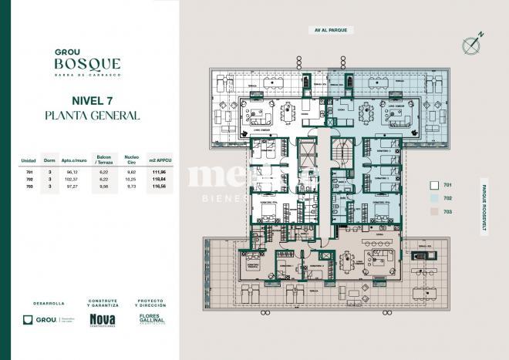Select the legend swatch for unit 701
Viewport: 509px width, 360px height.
pyautogui.click(x=433, y=185)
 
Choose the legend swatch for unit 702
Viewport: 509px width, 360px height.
pyautogui.click(x=433, y=198)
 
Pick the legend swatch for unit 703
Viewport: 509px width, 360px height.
pyautogui.click(x=433, y=210)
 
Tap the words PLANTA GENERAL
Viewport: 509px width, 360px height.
pyautogui.click(x=92, y=116)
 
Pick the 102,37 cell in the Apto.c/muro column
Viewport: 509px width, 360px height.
pyautogui.click(x=72, y=179)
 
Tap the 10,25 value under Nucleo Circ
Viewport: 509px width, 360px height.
pyautogui.click(x=131, y=179)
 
